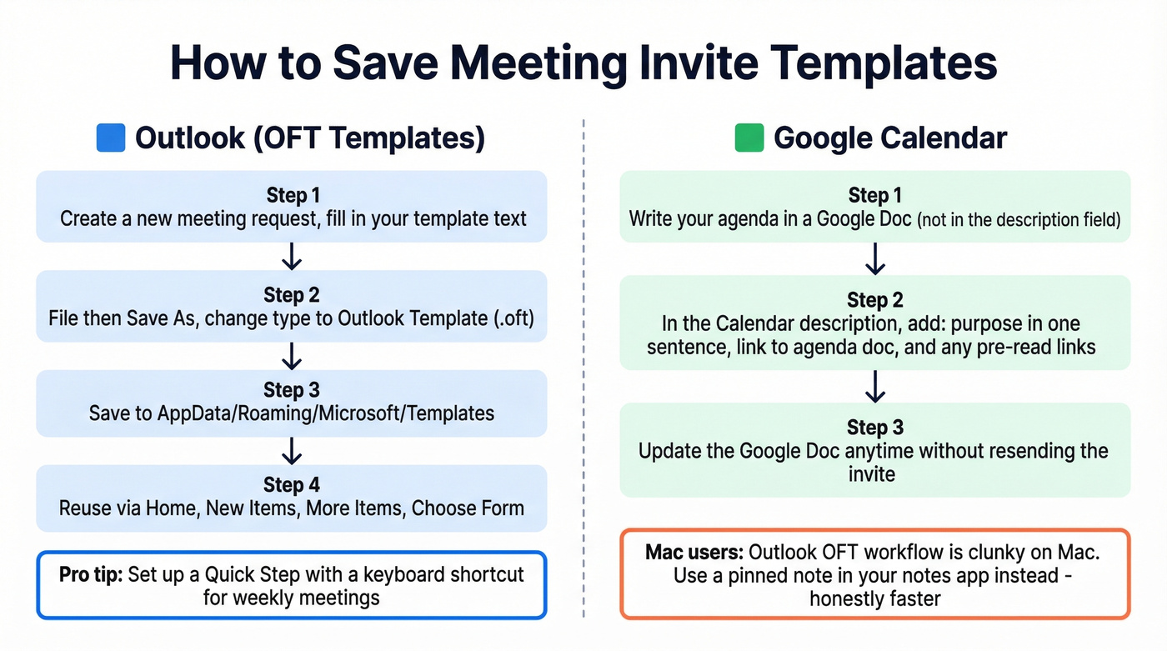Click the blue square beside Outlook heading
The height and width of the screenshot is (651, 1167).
[x=111, y=138]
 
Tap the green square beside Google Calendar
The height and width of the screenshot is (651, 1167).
[x=749, y=138]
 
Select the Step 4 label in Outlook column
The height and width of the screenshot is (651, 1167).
[x=292, y=484]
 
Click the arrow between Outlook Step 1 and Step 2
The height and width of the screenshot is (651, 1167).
[x=292, y=256]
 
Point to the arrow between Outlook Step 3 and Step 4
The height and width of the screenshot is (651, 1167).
[x=292, y=451]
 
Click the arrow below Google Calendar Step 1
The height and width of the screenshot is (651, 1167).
[x=874, y=259]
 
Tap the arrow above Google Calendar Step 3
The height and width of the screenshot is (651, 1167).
[x=874, y=387]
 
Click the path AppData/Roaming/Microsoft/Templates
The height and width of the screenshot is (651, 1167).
[x=326, y=413]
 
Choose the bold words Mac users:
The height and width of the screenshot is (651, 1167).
[x=694, y=553]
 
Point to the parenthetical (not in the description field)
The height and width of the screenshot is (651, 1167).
[x=1019, y=220]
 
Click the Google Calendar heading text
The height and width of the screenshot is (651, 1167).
[x=890, y=138]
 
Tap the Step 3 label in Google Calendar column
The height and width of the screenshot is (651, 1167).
[x=874, y=428]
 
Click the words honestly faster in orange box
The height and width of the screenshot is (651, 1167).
[x=874, y=598]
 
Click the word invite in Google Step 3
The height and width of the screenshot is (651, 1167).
[x=872, y=474]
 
